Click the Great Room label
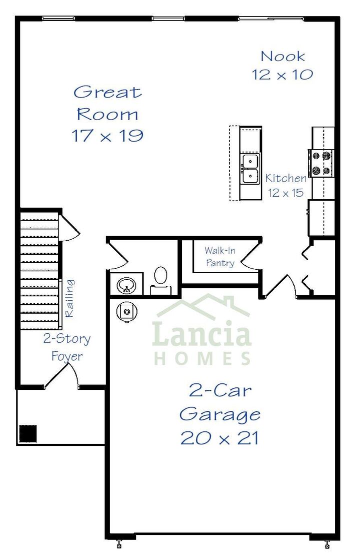pos(108,103)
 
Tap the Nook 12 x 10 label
pos(282,66)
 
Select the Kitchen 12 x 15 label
pos(285,185)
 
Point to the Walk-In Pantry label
pos(220,256)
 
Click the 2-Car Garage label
pos(220,402)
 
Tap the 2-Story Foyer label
pos(67,347)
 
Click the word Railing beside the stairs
pos(70,298)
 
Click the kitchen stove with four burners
pos(321,163)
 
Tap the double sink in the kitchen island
pos(250,169)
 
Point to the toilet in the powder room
pos(160,280)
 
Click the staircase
pos(39,270)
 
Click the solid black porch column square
pos(28,433)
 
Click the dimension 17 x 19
pos(108,136)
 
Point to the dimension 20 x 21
pos(220,438)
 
